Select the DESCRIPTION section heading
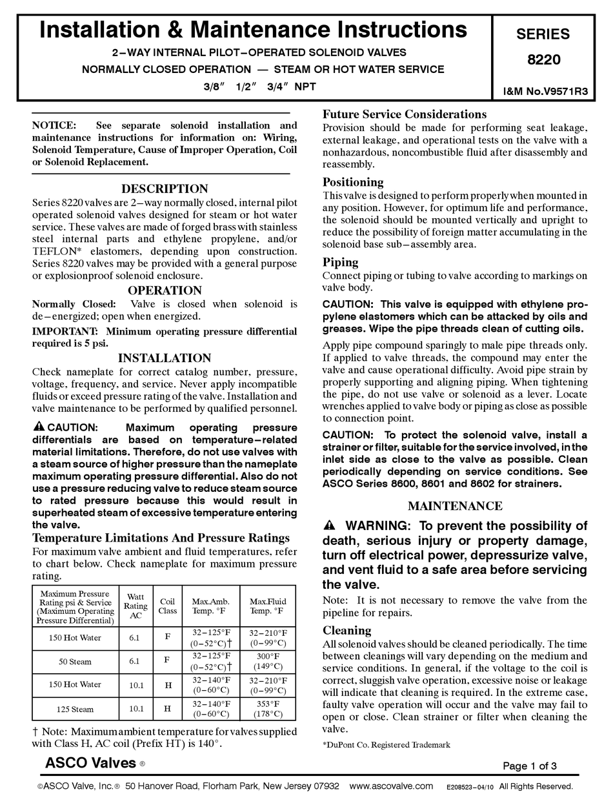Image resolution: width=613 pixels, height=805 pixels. pyautogui.click(x=165, y=189)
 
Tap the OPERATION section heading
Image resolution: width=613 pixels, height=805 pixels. pyautogui.click(x=165, y=290)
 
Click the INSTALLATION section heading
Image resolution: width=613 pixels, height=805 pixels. pyautogui.click(x=165, y=358)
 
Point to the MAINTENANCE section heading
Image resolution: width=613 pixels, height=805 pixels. pyautogui.click(x=455, y=506)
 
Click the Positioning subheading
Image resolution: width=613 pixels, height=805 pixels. pyautogui.click(x=353, y=182)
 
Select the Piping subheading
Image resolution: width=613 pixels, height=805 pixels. pyautogui.click(x=340, y=262)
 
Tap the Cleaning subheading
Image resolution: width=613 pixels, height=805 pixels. pyautogui.click(x=347, y=630)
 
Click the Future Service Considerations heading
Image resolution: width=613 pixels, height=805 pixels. pyautogui.click(x=404, y=114)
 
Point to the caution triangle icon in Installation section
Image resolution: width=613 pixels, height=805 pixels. pyautogui.click(x=38, y=427)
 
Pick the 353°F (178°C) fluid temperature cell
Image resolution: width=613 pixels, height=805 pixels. pyautogui.click(x=268, y=709)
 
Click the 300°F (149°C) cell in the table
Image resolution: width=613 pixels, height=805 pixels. pyautogui.click(x=268, y=661)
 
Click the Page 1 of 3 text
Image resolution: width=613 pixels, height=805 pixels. pyautogui.click(x=529, y=766)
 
